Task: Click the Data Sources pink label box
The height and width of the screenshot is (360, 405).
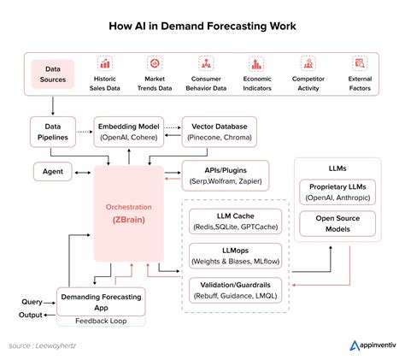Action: click(53, 74)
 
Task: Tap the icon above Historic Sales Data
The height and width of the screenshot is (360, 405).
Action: click(105, 63)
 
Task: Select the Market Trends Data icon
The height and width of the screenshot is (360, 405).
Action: click(155, 63)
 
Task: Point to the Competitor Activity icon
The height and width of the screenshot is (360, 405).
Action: click(308, 63)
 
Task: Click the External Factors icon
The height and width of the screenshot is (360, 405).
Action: click(360, 63)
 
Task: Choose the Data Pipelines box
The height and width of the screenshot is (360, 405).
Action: click(53, 132)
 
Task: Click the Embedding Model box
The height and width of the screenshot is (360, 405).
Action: click(129, 132)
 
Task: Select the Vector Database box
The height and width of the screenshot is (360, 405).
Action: click(220, 132)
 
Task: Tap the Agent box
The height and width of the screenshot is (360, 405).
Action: click(53, 172)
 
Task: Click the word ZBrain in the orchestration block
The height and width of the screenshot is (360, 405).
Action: click(129, 220)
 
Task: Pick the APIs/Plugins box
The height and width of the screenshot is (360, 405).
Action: click(226, 175)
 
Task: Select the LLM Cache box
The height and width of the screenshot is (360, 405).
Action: click(236, 221)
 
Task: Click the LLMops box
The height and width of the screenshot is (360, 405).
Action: click(236, 256)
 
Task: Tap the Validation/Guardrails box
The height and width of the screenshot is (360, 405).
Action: click(236, 290)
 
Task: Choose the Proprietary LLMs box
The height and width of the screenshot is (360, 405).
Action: click(337, 192)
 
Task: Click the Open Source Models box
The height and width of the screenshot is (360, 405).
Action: click(337, 223)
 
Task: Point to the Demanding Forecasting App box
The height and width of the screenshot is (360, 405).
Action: click(101, 302)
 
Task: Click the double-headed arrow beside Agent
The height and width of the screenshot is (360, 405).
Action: click(83, 173)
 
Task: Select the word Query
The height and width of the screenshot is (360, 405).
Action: click(32, 302)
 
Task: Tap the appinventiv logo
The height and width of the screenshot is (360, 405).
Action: click(373, 345)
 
